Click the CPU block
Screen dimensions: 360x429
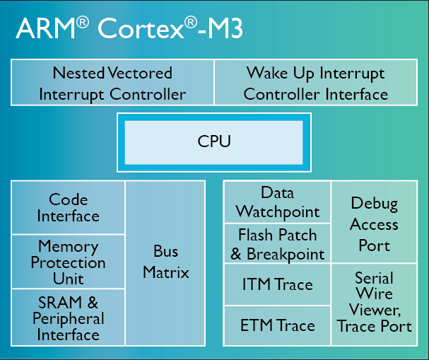pos(213,141)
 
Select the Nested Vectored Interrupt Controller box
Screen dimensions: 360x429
pos(112,83)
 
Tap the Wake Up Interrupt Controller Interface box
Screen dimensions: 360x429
pos(315,83)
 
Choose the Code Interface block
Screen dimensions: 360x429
pos(69,208)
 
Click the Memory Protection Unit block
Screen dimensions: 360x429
pos(69,262)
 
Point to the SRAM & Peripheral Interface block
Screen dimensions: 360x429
pos(69,318)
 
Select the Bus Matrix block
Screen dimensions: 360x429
pos(166,262)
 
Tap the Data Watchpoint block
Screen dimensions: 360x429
pos(278,202)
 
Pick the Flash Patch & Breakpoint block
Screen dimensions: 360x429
pos(278,244)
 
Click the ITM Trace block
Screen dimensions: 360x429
pos(278,285)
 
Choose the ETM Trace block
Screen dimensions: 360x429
pos(278,325)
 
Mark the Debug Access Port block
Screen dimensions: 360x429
pos(374,224)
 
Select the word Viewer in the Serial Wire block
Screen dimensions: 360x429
pos(375,310)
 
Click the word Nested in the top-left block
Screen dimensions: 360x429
pos(78,73)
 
